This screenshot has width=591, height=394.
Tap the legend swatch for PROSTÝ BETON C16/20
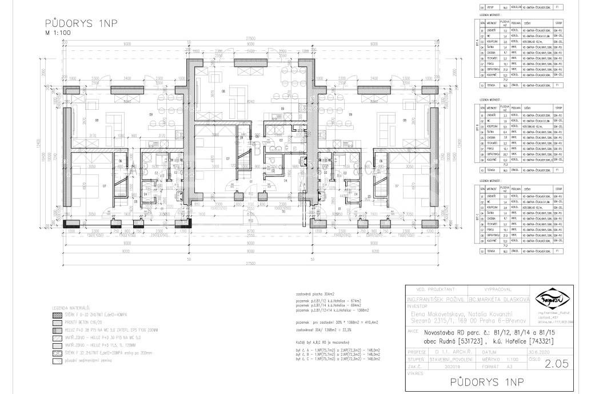[57, 322]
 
